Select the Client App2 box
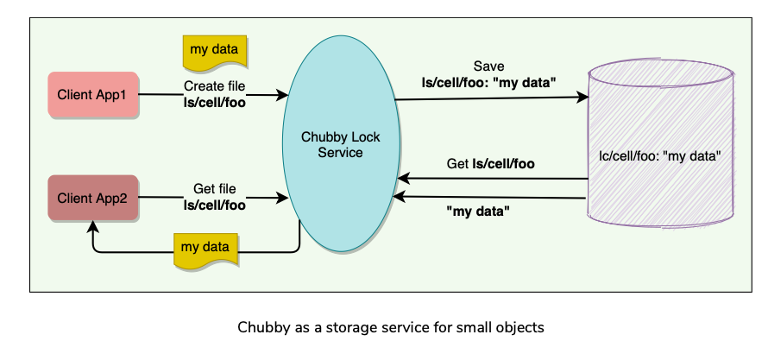tap(92, 198)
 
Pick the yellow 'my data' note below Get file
tap(205, 248)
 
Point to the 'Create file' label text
tap(215, 86)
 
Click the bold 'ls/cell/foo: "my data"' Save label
tap(489, 83)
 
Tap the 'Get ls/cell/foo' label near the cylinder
tap(490, 163)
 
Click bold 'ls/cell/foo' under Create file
tap(215, 102)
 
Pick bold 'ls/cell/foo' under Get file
tap(215, 205)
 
